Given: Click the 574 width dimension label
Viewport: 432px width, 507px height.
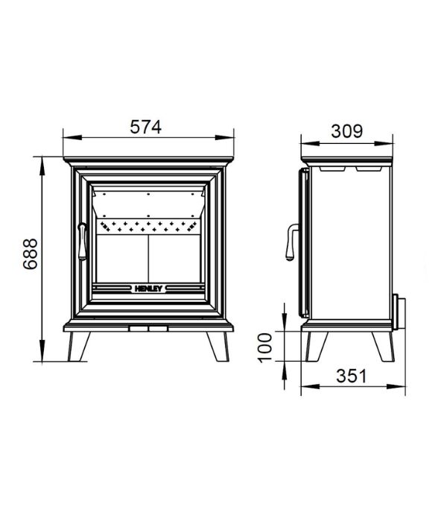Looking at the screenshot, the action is tap(145, 127).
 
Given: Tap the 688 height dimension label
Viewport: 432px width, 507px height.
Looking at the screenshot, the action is tap(31, 253).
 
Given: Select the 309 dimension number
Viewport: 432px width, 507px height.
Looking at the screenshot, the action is tap(347, 131).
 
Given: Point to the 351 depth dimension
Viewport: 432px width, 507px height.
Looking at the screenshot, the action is tap(352, 376).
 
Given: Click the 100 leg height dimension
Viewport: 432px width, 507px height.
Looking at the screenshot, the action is tap(265, 348).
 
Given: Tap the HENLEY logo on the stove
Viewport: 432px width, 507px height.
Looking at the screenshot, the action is tap(148, 289).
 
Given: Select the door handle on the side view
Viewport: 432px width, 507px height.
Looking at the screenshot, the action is tap(291, 242).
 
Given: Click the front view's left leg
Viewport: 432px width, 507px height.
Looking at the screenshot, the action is tap(78, 346).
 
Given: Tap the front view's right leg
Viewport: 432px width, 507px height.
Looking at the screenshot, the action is tap(218, 346).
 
